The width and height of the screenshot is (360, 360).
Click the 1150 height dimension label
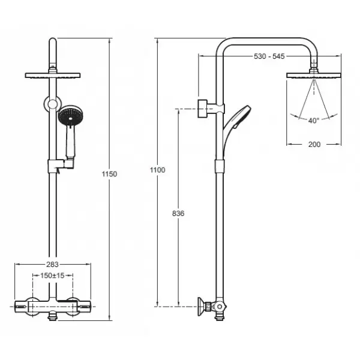click(110, 174)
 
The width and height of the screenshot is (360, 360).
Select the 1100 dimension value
click(157, 170)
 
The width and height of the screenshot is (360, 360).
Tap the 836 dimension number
click(178, 214)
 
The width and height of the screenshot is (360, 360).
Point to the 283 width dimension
click(52, 265)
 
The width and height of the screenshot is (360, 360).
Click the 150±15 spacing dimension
click(52, 275)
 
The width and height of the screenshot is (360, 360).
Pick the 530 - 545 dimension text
click(269, 56)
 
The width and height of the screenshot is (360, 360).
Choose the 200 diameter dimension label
click(314, 145)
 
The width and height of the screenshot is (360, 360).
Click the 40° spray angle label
click(314, 121)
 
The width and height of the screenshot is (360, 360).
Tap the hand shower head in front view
click(70, 115)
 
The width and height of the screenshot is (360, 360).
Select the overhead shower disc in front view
click(53, 76)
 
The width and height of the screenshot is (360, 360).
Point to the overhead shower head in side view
click(314, 76)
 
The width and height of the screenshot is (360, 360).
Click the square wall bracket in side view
click(203, 109)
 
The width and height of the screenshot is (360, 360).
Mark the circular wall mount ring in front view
click(53, 104)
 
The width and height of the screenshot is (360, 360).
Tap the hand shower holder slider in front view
click(61, 166)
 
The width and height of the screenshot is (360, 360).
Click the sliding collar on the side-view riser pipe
click(220, 166)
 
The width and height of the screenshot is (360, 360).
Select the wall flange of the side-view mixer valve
click(202, 307)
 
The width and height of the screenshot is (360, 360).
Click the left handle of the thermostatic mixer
click(22, 306)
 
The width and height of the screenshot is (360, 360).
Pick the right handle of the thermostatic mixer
click(84, 306)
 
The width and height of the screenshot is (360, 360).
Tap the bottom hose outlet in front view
click(53, 316)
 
